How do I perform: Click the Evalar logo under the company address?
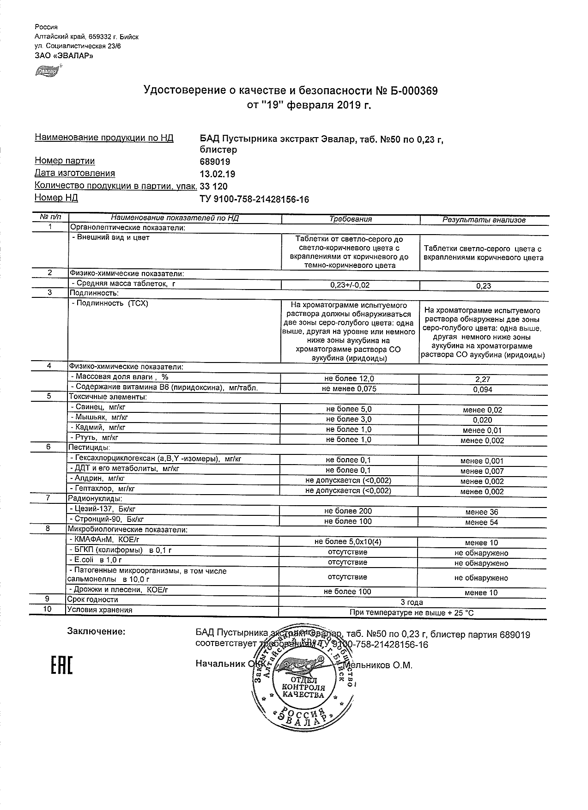(47, 71)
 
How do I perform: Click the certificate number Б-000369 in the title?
(412, 91)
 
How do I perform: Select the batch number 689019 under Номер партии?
(215, 162)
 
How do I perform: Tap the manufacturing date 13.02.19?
(217, 174)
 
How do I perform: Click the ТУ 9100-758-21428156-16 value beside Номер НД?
(254, 199)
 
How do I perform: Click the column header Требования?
(351, 219)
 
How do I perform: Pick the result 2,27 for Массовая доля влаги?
(483, 379)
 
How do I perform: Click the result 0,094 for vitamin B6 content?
(483, 390)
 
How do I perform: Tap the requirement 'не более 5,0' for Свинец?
(348, 409)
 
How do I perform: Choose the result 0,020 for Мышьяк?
(483, 420)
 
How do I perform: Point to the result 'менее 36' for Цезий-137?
(482, 512)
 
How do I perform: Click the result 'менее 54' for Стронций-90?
(482, 522)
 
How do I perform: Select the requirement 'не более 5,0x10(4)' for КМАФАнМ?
(348, 542)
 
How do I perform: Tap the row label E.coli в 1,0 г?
(92, 560)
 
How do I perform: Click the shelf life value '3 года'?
(412, 602)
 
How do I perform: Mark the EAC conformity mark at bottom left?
(61, 664)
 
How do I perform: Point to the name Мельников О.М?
(378, 665)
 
